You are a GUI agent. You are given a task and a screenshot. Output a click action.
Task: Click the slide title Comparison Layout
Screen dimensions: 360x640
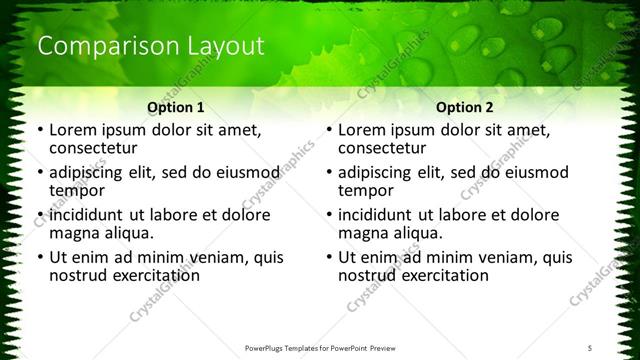coord(150,46)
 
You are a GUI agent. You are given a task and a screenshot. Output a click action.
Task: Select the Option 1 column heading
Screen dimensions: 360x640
coord(175,107)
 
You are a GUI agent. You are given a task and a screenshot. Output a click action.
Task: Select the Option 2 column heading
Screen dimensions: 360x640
coord(464,107)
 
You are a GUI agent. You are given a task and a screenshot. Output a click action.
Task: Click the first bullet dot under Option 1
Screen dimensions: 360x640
coord(39,131)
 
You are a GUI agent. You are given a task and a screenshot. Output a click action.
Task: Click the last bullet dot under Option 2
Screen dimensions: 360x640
coord(328,257)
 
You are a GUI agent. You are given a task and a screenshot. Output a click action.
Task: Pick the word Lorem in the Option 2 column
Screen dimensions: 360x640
coord(363,129)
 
